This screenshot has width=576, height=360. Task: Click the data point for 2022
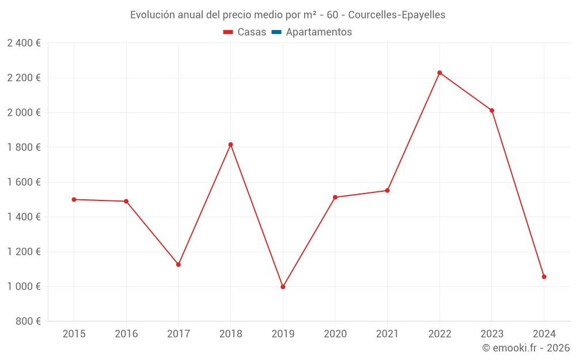point(439,73)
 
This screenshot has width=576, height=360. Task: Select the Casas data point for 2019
point(283,287)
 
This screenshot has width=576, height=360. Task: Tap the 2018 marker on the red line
point(230,145)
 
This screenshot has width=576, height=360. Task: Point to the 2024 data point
point(544,276)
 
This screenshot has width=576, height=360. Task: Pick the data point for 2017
point(179,264)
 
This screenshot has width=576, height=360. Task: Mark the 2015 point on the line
point(74,199)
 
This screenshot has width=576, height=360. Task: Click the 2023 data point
point(492,111)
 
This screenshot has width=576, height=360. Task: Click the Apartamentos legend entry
point(319,32)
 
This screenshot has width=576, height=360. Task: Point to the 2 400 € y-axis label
point(24,43)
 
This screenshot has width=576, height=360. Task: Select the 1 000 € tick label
point(24,286)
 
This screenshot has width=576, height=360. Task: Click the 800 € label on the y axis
point(27,321)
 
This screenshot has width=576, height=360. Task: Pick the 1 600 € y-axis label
point(24,182)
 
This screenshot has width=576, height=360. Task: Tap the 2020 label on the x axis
point(335,334)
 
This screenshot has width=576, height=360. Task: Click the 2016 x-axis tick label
point(126,334)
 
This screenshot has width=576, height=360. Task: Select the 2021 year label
point(387,334)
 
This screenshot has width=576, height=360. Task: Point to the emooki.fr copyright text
point(526,348)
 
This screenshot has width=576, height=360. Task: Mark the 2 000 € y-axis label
point(24,112)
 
